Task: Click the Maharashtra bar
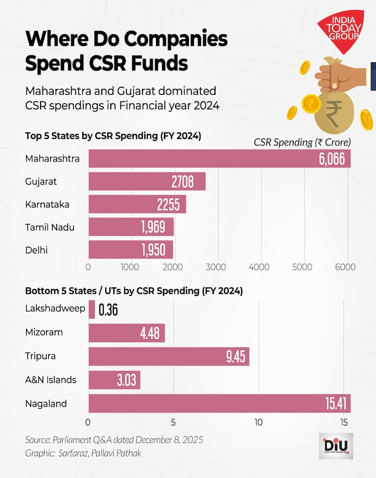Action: point(219,158)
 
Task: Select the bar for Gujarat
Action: point(147,182)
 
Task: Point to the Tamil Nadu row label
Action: point(50,227)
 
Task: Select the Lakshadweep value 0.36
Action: point(108,310)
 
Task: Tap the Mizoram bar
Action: point(126,333)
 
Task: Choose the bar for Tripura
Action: point(168,356)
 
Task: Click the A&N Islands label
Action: point(51,379)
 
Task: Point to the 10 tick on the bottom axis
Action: point(258,422)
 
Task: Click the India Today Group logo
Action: point(340,31)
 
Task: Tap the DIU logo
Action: point(335,445)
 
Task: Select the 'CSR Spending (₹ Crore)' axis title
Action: point(302,142)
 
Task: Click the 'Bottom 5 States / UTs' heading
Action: point(134,290)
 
